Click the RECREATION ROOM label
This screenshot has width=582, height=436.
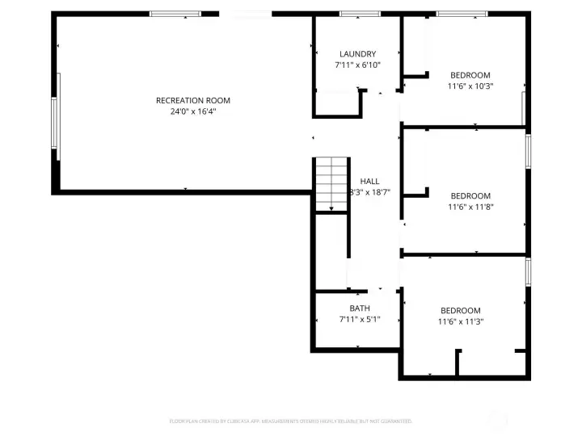pyautogui.click(x=193, y=101)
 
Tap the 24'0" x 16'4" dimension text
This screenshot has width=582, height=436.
pyautogui.click(x=193, y=112)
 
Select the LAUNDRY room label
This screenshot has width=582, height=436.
pyautogui.click(x=357, y=54)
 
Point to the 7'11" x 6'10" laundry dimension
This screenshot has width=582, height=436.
pyautogui.click(x=357, y=65)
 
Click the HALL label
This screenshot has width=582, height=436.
pyautogui.click(x=369, y=182)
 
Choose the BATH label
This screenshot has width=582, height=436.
pyautogui.click(x=360, y=308)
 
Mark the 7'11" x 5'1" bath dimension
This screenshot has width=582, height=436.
pyautogui.click(x=360, y=320)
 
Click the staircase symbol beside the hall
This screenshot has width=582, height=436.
pyautogui.click(x=330, y=185)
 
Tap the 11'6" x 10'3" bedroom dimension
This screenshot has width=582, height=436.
pyautogui.click(x=470, y=86)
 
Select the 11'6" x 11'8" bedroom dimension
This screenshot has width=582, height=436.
pyautogui.click(x=470, y=207)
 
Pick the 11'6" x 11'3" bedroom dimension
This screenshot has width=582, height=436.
pyautogui.click(x=461, y=321)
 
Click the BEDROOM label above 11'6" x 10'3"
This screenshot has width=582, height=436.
pyautogui.click(x=470, y=74)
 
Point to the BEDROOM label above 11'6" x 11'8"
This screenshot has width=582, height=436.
pyautogui.click(x=470, y=195)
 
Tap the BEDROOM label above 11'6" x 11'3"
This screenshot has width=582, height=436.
pyautogui.click(x=461, y=310)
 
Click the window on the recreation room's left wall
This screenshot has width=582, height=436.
pyautogui.click(x=56, y=128)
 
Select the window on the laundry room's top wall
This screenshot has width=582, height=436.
pyautogui.click(x=360, y=14)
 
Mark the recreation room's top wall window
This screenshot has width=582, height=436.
pyautogui.click(x=175, y=14)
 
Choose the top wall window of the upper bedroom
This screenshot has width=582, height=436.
pyautogui.click(x=462, y=14)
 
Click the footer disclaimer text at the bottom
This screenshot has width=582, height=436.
pyautogui.click(x=290, y=421)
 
